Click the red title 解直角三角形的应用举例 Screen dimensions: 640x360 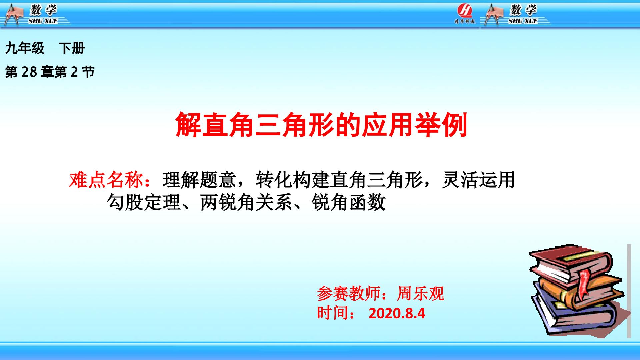(321, 124)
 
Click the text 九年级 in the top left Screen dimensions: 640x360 (25, 49)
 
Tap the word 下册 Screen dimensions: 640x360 (72, 49)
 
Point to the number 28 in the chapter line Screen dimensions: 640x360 (29, 72)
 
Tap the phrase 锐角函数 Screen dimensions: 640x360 (349, 202)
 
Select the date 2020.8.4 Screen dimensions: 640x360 (397, 314)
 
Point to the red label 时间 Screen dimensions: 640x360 (332, 313)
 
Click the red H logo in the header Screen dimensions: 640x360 (465, 11)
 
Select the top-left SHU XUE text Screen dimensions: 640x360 (43, 21)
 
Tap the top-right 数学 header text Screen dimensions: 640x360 (523, 10)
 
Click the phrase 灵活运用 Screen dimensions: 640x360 (479, 180)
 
